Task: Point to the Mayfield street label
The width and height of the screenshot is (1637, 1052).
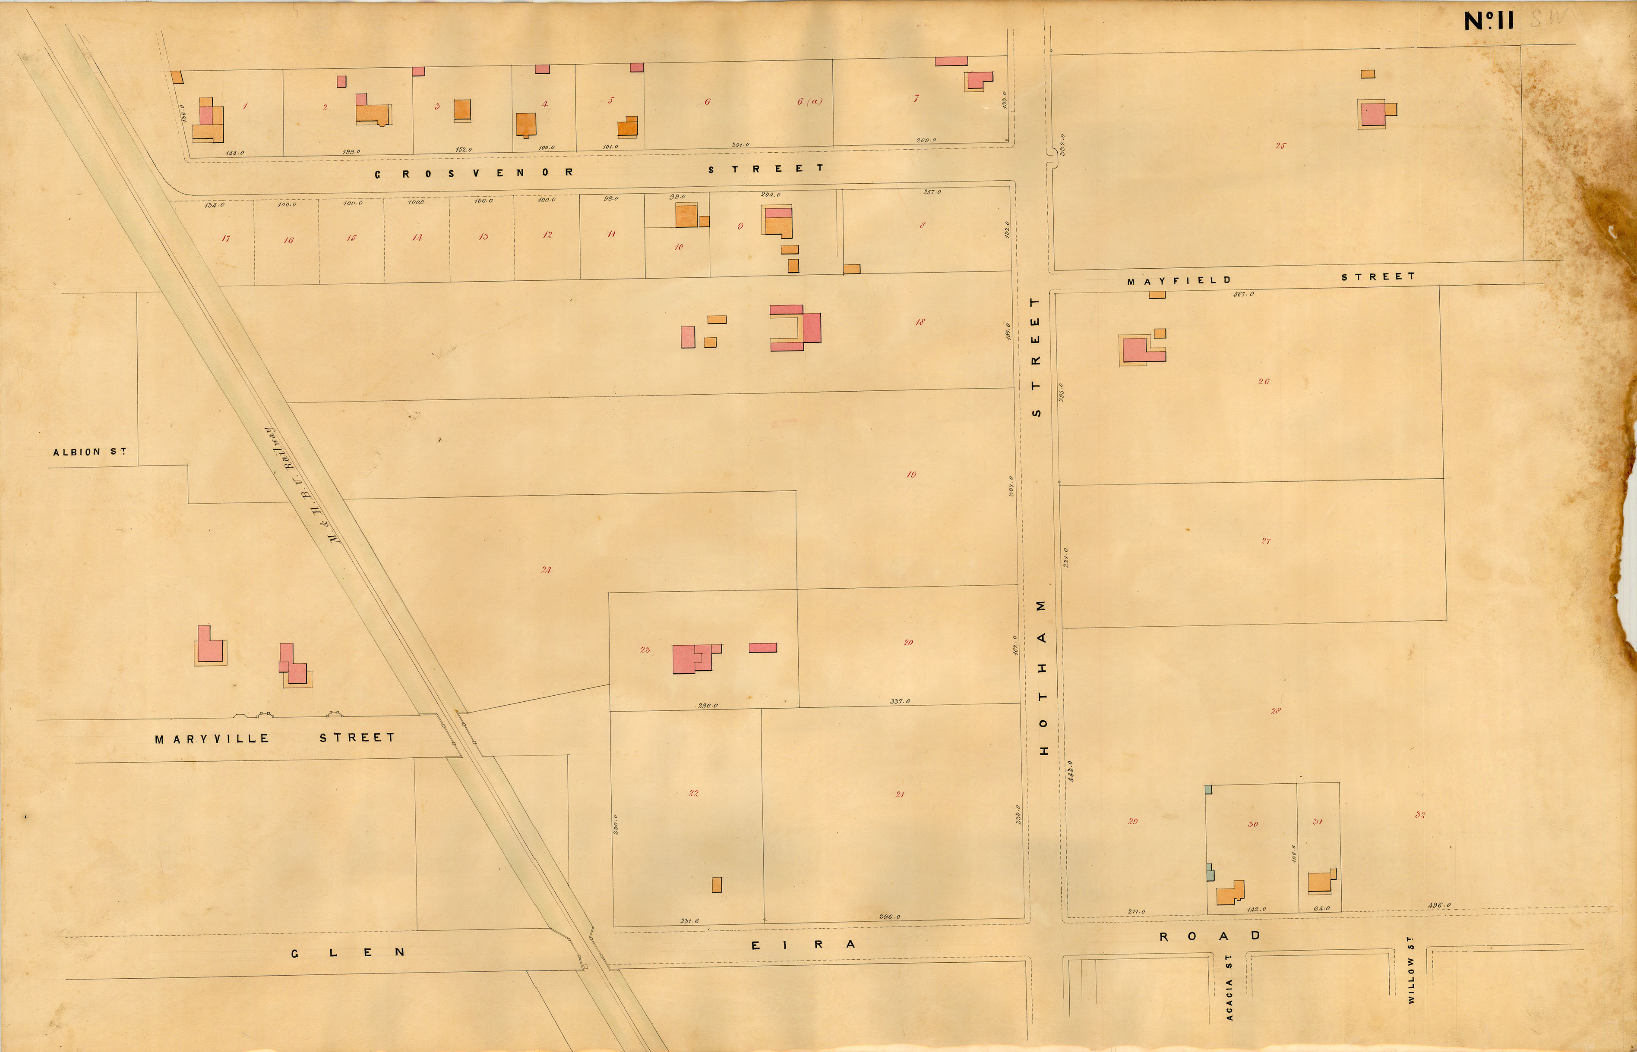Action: tap(1179, 280)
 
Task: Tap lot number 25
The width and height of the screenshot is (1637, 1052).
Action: tap(1280, 145)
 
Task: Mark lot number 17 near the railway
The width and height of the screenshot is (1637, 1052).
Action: tap(225, 239)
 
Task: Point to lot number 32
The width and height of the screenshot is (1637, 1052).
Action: tap(1420, 815)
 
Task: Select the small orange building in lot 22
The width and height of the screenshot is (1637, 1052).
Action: tap(716, 885)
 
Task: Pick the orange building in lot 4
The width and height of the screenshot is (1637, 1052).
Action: tap(526, 124)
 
